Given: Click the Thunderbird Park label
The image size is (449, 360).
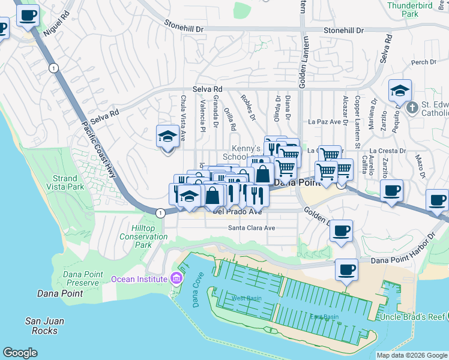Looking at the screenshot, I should [418, 8].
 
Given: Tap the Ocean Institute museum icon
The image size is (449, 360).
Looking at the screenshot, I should [175, 278].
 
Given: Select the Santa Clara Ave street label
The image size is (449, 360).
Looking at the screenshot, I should [251, 228].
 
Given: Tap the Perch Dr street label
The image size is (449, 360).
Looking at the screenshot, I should [424, 62].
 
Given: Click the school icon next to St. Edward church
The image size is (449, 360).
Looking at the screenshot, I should [400, 91].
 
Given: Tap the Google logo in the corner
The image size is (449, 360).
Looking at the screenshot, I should [20, 353].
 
